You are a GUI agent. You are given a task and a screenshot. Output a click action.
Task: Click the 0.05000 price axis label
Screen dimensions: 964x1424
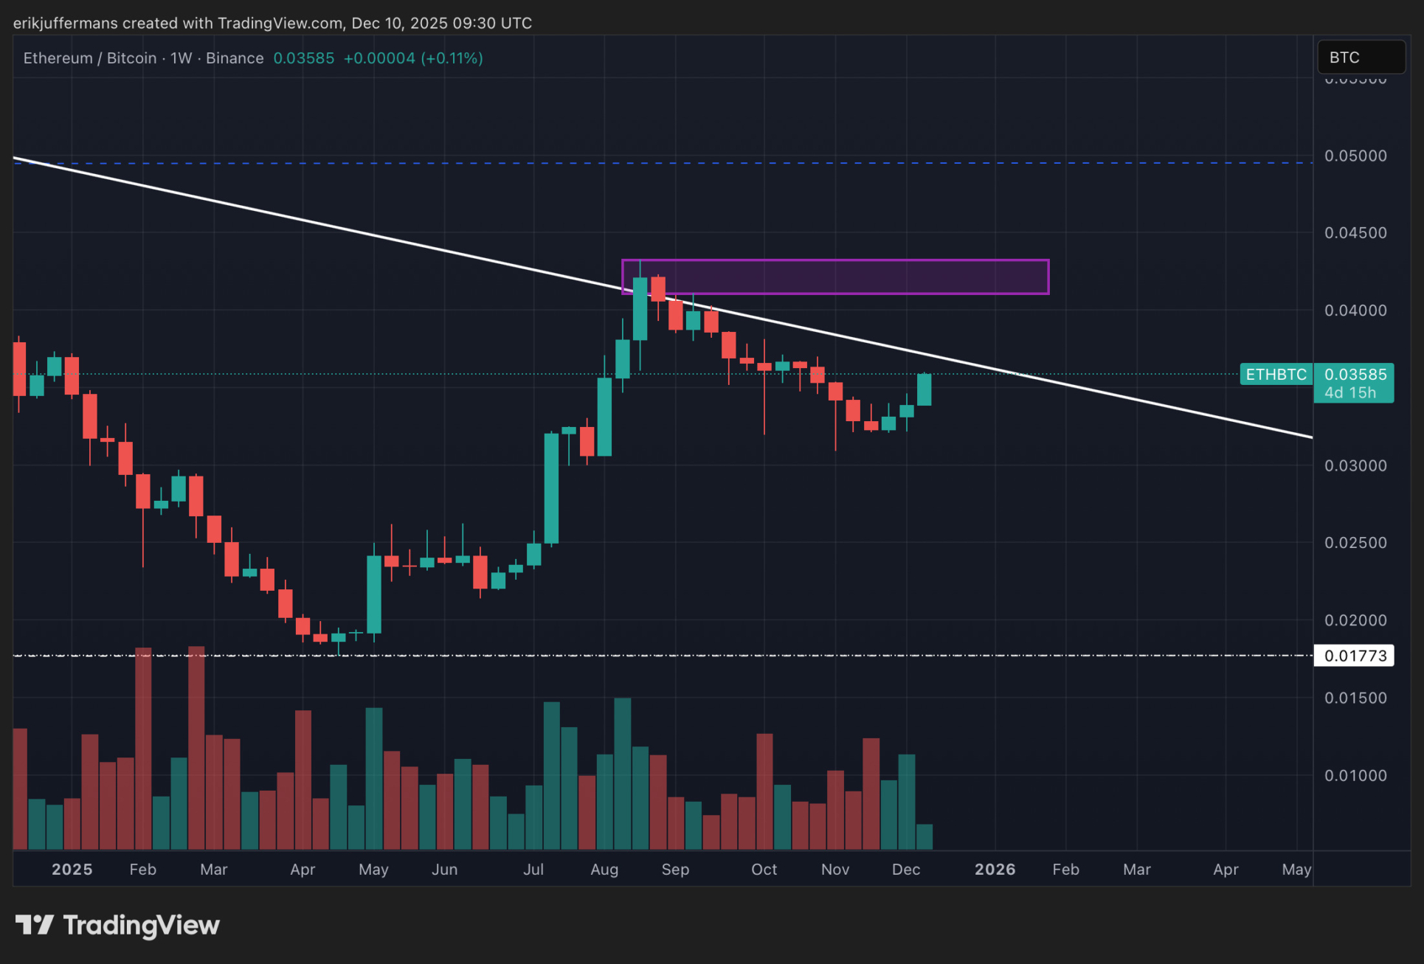tap(1355, 156)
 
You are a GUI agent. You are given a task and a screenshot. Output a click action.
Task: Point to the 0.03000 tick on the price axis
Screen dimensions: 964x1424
tap(1355, 465)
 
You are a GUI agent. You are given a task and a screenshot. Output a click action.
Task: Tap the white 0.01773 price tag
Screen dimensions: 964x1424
tap(1355, 656)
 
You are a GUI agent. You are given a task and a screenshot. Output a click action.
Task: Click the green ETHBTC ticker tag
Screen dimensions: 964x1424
tap(1276, 375)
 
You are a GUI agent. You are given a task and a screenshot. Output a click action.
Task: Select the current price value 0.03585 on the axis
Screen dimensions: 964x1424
tap(1355, 375)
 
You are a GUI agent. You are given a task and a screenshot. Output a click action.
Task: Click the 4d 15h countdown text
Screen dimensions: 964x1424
tap(1350, 393)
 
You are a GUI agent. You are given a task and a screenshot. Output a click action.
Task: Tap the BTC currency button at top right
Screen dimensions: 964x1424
tap(1361, 58)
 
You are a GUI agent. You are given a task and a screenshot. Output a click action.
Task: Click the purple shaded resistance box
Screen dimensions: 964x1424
tap(835, 277)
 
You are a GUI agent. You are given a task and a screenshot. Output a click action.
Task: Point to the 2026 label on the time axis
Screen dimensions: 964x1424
tap(995, 870)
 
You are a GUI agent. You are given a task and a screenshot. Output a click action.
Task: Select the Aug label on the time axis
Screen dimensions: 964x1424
tap(604, 870)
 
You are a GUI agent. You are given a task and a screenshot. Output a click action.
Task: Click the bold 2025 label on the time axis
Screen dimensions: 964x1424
tap(72, 870)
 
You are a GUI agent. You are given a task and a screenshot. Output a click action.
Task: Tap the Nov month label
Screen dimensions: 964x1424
tap(835, 870)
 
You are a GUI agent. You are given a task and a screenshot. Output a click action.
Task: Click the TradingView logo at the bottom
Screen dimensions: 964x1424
tap(118, 925)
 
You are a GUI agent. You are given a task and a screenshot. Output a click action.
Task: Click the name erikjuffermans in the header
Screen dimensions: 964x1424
tap(65, 23)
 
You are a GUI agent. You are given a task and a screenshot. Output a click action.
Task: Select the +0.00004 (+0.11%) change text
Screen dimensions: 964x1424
tap(413, 58)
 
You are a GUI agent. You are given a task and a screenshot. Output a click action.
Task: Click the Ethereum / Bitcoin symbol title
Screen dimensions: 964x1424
tap(90, 58)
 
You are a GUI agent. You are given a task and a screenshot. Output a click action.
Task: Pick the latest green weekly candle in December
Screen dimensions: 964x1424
tap(924, 389)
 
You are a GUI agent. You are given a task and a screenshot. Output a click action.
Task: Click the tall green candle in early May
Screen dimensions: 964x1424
tap(374, 594)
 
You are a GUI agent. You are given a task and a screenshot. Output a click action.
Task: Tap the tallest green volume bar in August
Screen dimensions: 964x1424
tap(623, 773)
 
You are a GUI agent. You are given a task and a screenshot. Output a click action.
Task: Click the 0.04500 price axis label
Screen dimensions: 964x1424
tap(1355, 233)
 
